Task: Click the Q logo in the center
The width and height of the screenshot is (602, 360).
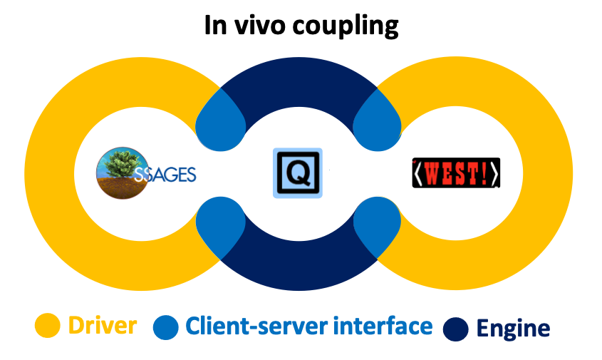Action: coord(298,173)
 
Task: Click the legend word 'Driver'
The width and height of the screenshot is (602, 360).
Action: coord(103,326)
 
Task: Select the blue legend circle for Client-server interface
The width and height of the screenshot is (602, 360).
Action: coord(166,327)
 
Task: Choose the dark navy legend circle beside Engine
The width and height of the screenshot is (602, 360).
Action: coord(455,329)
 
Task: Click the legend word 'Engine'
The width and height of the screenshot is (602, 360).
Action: coord(513,329)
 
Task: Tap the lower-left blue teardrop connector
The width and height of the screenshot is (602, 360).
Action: coord(217,226)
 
